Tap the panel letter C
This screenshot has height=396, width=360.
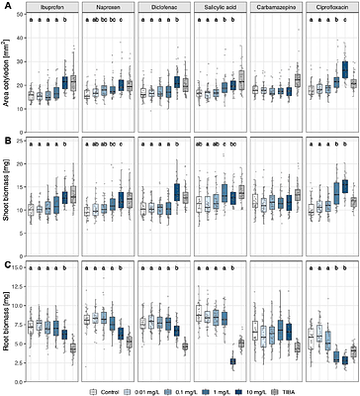tap(6, 263)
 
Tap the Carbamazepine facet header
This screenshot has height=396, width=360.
tap(277, 8)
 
